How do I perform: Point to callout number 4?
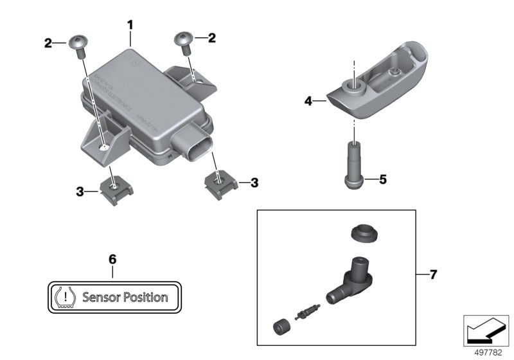[x=308, y=101]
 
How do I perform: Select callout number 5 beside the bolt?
[x=382, y=180]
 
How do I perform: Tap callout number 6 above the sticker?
[x=112, y=260]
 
